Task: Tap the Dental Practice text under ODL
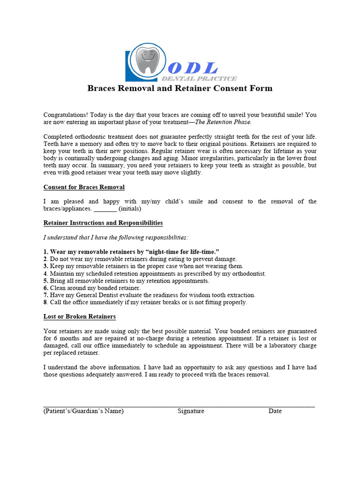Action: click(199, 79)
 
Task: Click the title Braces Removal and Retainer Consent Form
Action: click(180, 89)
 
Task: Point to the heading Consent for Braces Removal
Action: click(84, 187)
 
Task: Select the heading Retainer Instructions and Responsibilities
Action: click(103, 223)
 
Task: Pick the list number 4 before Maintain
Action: click(45, 274)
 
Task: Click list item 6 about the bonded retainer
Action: click(92, 288)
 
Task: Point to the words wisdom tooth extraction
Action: click(223, 295)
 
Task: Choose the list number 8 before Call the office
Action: click(45, 302)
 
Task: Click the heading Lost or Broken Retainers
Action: click(80, 317)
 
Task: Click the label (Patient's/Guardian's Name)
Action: click(83, 411)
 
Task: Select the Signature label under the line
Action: click(191, 411)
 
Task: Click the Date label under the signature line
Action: click(275, 411)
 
